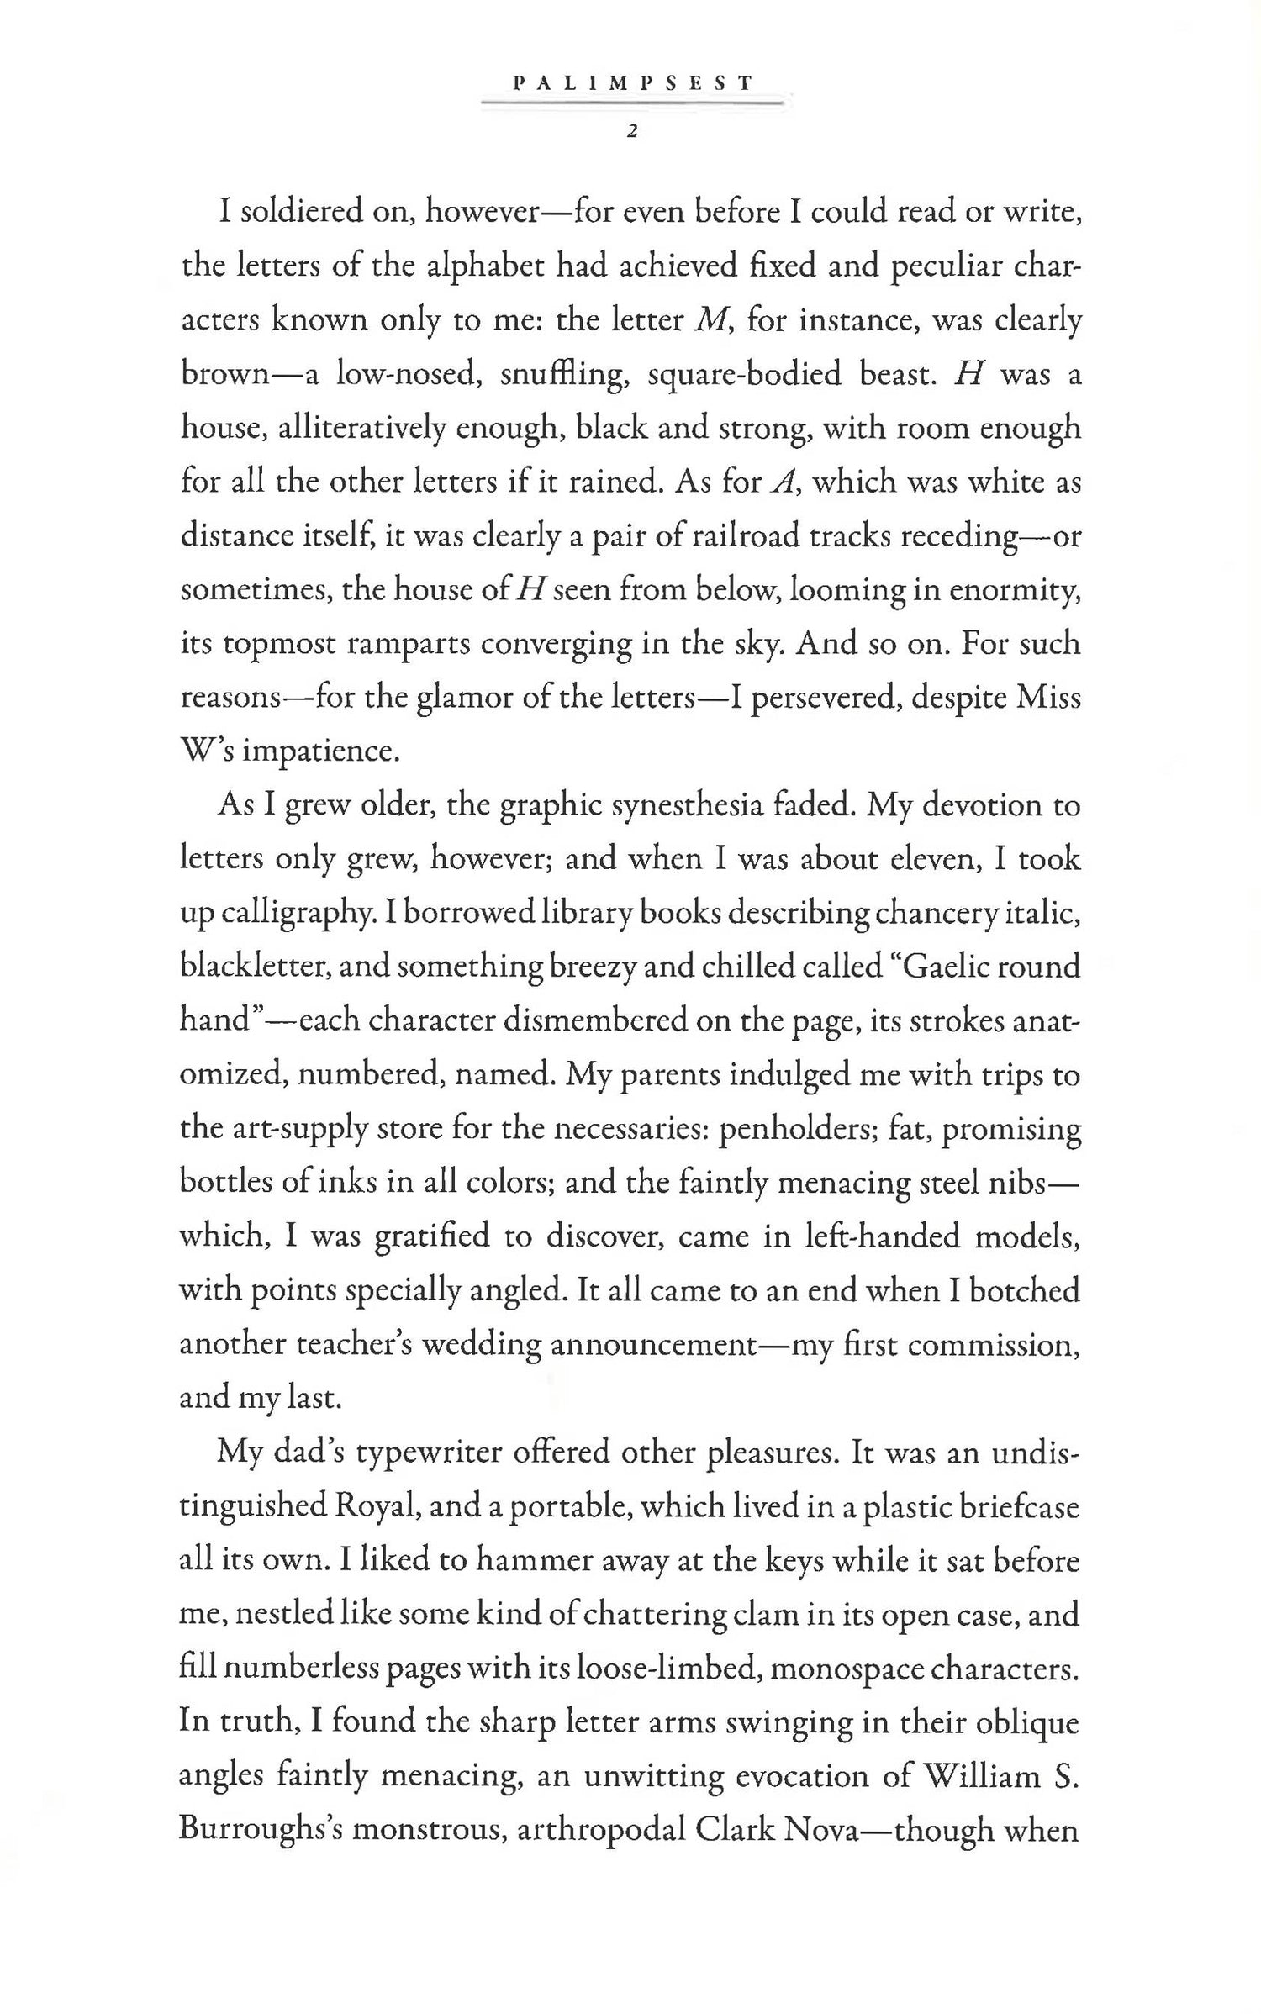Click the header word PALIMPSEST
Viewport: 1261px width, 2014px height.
[x=631, y=83]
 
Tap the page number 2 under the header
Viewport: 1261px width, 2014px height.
[x=630, y=131]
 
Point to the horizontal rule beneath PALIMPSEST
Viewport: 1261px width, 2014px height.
[x=631, y=103]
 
